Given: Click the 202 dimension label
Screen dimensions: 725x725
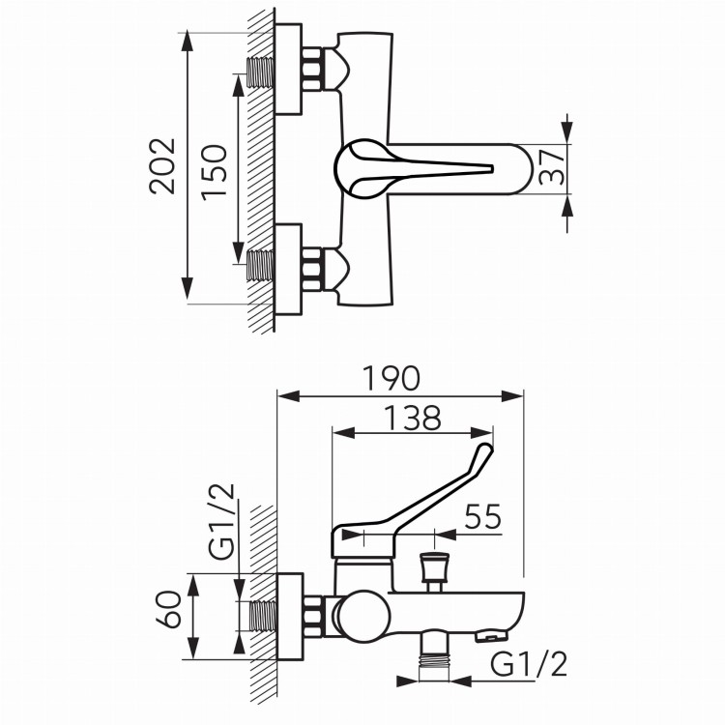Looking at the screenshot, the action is (162, 165).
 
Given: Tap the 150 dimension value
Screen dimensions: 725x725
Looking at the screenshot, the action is (215, 173).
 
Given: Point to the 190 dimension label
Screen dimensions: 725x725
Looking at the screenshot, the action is (391, 378).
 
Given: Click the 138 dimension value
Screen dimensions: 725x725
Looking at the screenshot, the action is (413, 418).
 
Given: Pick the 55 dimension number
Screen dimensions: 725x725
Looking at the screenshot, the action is (483, 516).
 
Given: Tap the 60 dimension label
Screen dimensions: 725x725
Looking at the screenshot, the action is (168, 609).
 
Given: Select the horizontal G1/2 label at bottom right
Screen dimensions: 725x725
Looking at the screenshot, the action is (529, 665).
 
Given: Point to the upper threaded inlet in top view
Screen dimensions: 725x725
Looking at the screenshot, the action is (261, 72).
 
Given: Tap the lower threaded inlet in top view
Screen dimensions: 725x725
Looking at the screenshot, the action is (261, 266).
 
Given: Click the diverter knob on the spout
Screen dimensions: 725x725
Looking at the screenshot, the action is (434, 570).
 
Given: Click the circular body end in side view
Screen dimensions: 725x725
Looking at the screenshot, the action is (364, 616).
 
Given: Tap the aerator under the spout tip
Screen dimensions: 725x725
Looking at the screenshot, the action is (491, 637).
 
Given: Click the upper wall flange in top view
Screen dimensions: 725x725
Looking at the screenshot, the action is (288, 70).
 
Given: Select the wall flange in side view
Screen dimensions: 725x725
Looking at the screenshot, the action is (290, 617).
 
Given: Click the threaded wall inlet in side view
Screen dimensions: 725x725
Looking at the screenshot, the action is (263, 616).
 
